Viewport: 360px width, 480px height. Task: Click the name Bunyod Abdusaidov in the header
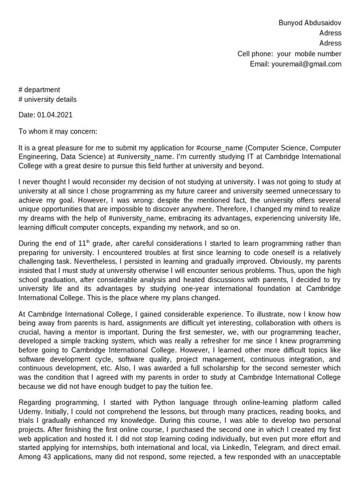(x=310, y=22)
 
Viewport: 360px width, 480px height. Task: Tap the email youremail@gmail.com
(x=306, y=64)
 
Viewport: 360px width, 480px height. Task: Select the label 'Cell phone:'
(x=255, y=54)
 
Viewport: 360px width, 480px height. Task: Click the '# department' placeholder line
(x=39, y=90)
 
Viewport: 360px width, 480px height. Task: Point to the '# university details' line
(x=47, y=99)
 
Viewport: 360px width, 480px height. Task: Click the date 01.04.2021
(x=55, y=115)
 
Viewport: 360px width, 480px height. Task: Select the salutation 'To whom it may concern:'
(x=58, y=131)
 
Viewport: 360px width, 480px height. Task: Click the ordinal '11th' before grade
(x=83, y=243)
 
